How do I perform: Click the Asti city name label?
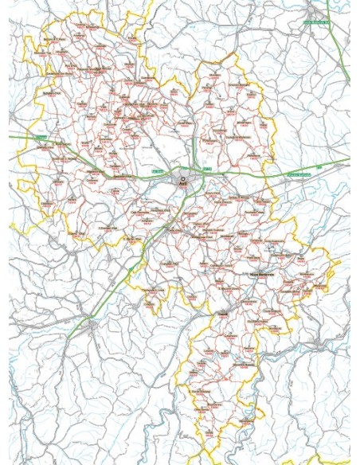(183, 184)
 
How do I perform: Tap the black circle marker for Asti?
(182, 178)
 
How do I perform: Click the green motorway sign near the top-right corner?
(316, 22)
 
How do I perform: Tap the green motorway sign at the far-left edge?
(40, 137)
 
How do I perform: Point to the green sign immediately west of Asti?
(157, 170)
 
